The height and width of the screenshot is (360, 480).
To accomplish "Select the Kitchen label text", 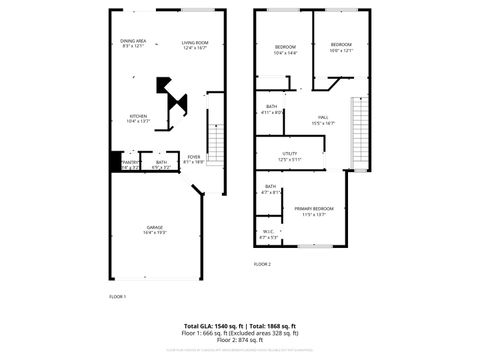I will pos(138,118).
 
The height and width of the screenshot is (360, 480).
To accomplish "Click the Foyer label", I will pos(194,158).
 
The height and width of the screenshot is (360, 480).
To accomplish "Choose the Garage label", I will pos(154,229).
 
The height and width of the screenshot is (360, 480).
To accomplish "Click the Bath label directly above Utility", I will pos(271,109).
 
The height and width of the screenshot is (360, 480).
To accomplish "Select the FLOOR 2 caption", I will pos(262,264).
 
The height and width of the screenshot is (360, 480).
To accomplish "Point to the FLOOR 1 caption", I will pos(117,297).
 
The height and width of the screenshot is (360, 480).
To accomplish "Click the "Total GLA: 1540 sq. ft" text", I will pos(215,326).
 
